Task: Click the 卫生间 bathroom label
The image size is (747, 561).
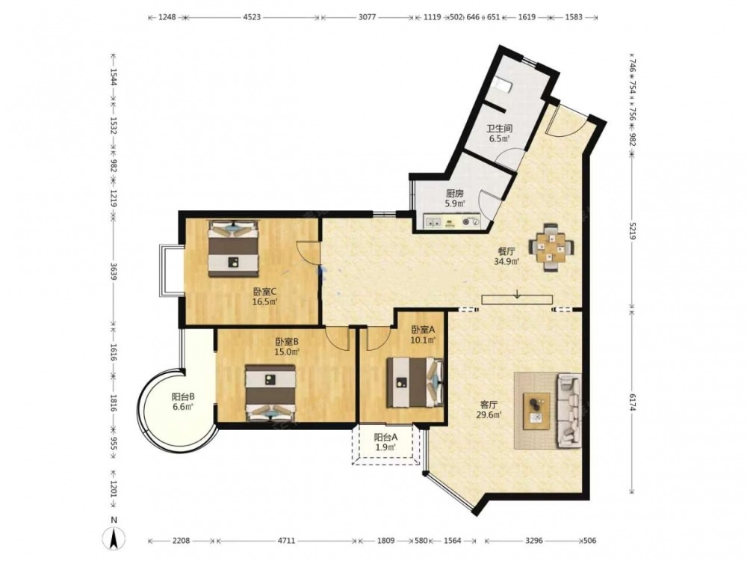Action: coord(499,129)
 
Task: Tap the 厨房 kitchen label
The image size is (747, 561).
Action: coord(454,194)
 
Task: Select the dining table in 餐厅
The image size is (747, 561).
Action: coord(551,248)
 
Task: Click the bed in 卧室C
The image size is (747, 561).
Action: coord(233,248)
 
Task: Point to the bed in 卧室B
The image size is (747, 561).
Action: coord(270,393)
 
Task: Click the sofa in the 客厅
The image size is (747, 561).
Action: coord(568,411)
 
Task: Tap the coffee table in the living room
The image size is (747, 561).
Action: coord(536,411)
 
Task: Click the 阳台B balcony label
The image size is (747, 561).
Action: coord(183,396)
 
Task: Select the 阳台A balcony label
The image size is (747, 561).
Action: coord(385,437)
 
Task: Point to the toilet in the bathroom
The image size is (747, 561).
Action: coord(503,85)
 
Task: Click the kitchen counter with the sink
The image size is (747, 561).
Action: coord(453,222)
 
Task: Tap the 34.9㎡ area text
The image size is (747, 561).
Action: coord(507,261)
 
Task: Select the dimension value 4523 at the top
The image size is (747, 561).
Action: coord(252,17)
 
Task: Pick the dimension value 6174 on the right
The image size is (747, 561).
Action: coord(632,402)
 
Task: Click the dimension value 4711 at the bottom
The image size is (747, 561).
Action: coord(286,541)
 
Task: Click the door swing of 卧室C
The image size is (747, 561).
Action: coord(307,251)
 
